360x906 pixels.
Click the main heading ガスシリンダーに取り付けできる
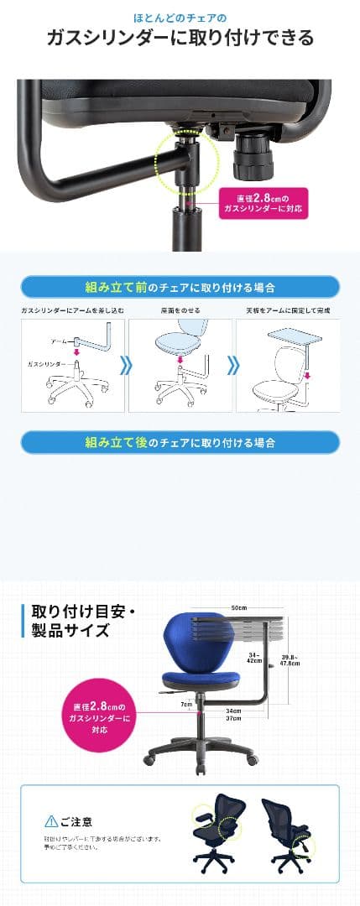coord(180,39)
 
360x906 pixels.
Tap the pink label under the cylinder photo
coord(262,202)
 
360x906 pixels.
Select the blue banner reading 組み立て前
coord(180,286)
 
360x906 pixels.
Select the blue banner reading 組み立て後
coord(180,442)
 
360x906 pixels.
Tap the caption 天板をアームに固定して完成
coord(288,310)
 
